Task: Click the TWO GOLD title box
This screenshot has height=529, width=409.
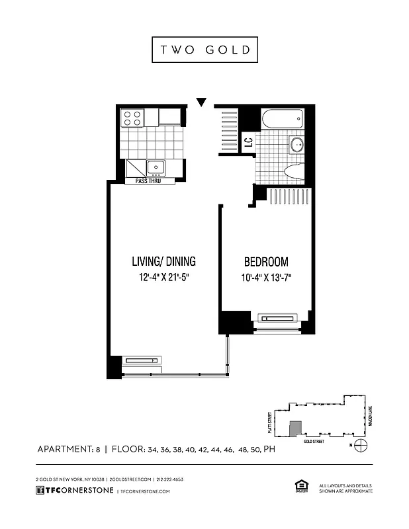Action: coord(204,50)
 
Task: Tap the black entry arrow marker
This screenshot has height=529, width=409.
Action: coord(202,102)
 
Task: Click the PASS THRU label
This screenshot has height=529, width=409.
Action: coord(150,181)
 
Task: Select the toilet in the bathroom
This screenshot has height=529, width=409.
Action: coord(293,171)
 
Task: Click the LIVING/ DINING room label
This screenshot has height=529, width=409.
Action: coord(163,261)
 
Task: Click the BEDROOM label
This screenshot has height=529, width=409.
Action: coord(266,261)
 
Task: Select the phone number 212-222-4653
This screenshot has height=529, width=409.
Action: coord(170,479)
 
